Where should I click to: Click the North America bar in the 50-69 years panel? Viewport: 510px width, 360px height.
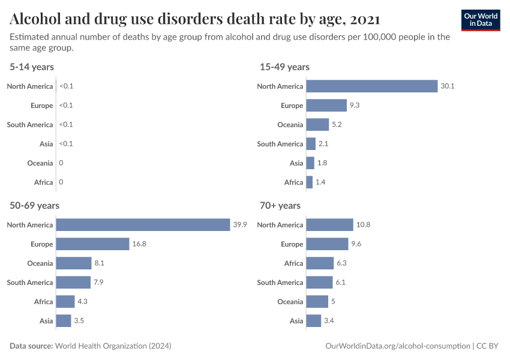(143, 225)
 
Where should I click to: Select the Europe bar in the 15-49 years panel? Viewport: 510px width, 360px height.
(326, 106)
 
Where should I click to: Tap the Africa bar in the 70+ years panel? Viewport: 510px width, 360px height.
(320, 263)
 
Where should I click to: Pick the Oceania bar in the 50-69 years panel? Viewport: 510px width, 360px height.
(74, 263)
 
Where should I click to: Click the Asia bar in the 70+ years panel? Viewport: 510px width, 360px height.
(313, 321)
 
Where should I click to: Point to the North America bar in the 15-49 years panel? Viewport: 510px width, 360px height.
(371, 86)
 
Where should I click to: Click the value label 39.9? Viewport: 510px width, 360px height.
(240, 225)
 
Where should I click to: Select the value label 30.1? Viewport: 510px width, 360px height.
(448, 86)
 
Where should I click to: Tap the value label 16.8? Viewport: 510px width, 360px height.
(139, 244)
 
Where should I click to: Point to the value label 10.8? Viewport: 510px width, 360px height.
(363, 225)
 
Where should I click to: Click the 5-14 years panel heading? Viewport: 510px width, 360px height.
(32, 67)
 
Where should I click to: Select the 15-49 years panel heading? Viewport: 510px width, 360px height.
(284, 67)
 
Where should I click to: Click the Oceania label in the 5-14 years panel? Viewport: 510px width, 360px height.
(40, 163)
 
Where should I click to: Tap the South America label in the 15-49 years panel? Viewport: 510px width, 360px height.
(280, 144)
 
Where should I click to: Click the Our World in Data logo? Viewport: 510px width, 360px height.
(481, 19)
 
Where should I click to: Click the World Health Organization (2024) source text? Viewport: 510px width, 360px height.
(113, 346)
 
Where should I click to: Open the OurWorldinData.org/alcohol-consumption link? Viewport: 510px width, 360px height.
(397, 346)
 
